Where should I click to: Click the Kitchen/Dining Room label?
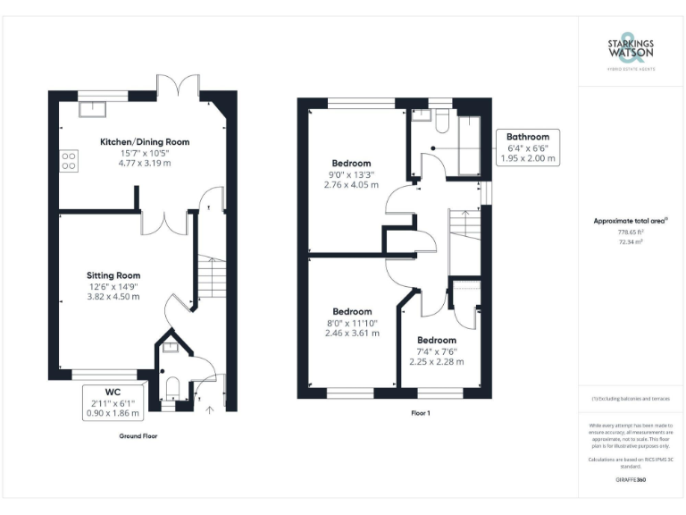[x=145, y=142]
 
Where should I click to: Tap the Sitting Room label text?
[x=113, y=274]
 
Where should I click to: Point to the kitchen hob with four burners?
[x=67, y=162]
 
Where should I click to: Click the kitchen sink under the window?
[x=91, y=108]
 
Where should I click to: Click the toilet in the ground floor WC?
[x=172, y=388]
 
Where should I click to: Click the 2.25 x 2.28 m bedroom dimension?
[x=437, y=361]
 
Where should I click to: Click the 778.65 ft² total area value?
[x=631, y=232]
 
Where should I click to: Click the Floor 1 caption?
[x=420, y=413]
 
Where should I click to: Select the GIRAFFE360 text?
[x=631, y=480]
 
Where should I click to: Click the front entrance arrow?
[x=211, y=410]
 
